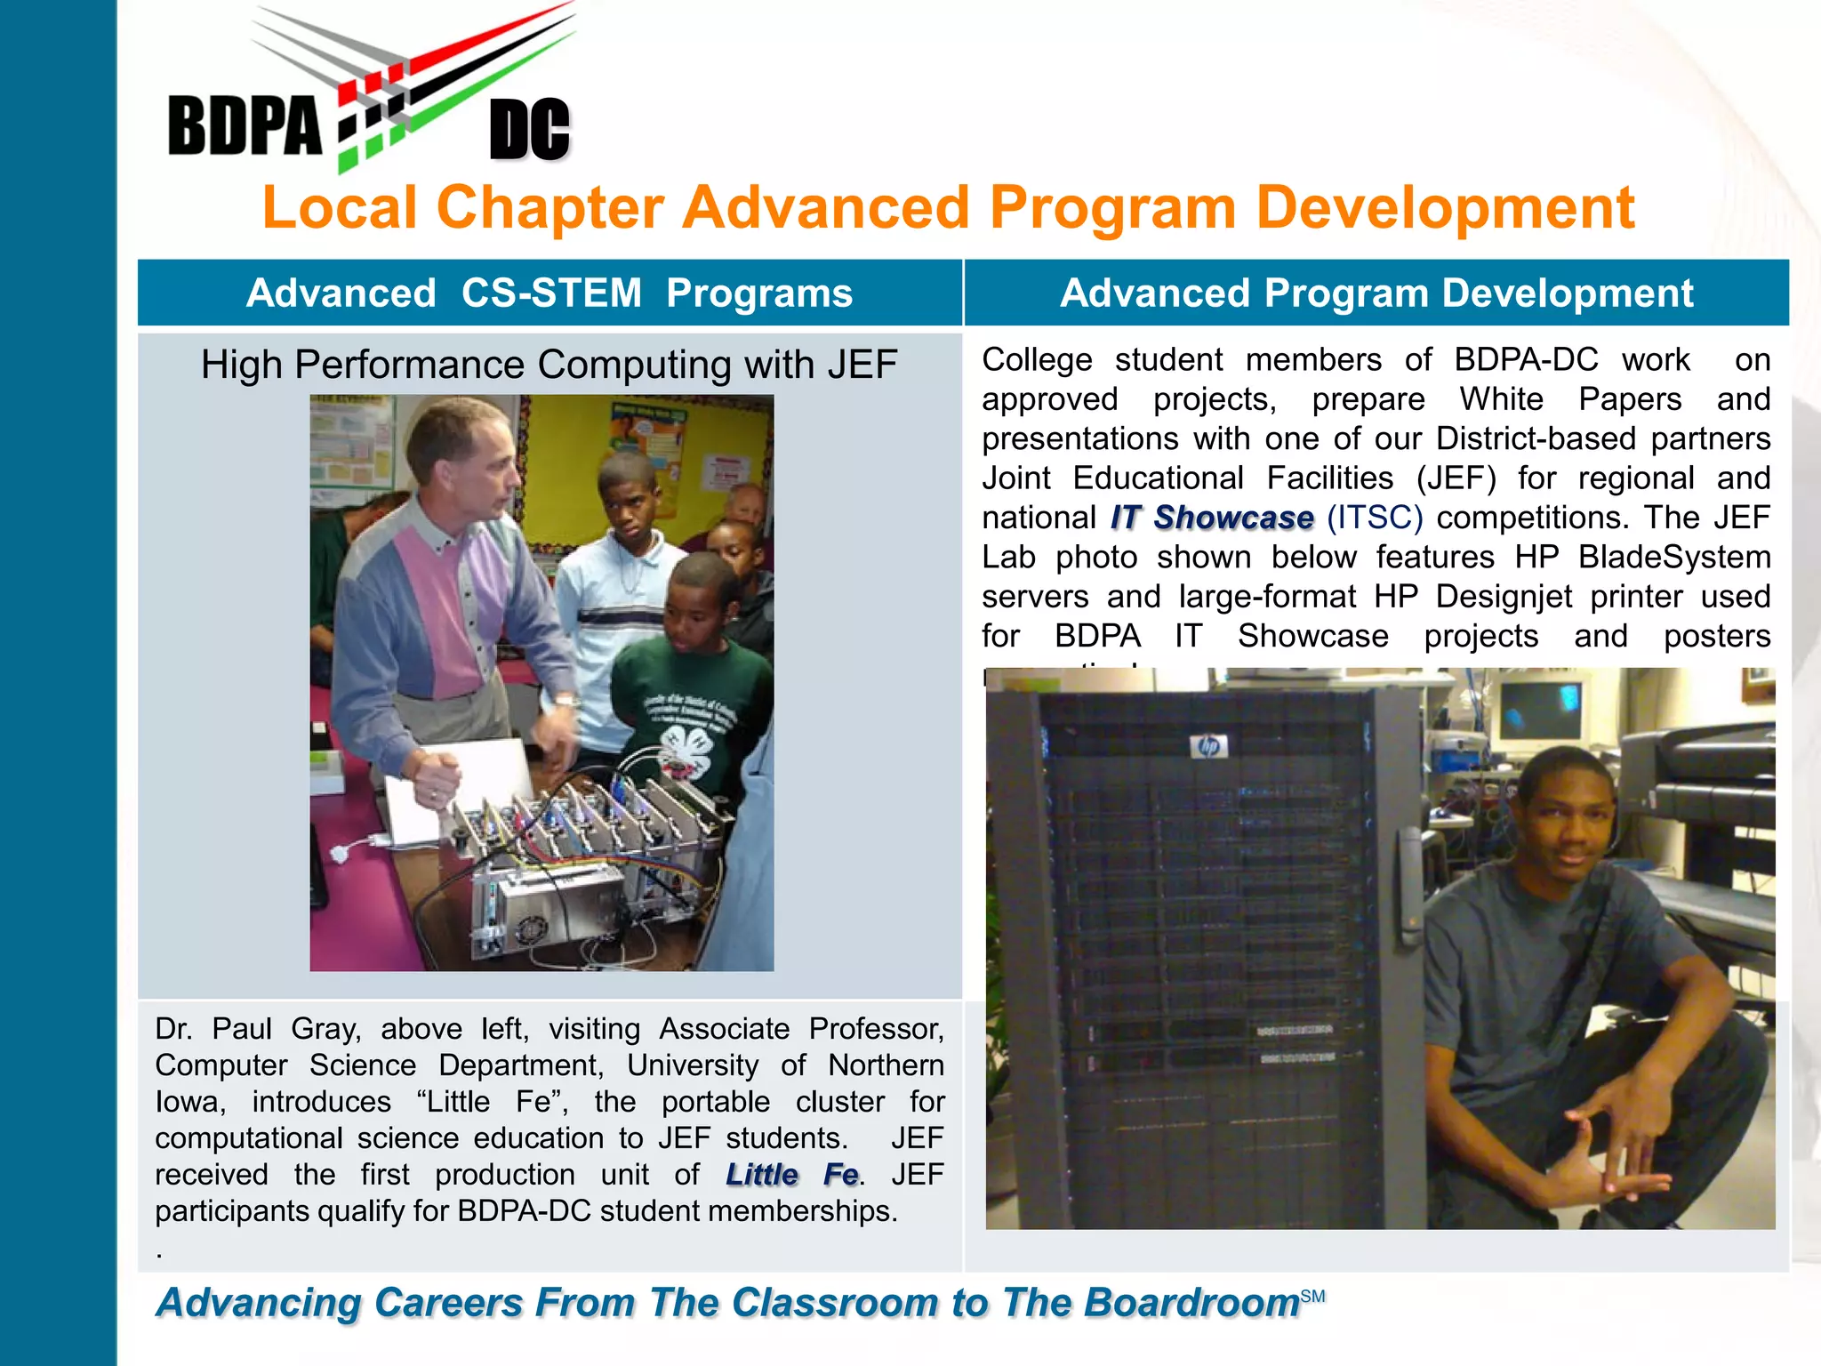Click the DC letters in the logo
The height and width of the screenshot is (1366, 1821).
coord(530,130)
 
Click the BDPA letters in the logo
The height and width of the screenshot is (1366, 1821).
coord(244,126)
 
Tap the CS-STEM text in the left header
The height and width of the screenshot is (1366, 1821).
coord(551,293)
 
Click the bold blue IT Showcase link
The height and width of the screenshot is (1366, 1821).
coord(1212,518)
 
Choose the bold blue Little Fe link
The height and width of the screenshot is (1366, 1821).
coord(792,1175)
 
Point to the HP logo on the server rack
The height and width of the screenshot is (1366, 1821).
coord(1209,746)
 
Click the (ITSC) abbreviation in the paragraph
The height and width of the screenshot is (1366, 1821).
coord(1375,518)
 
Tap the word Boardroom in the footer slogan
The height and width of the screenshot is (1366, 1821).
coord(1191,1303)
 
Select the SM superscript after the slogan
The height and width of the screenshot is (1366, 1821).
coord(1312,1297)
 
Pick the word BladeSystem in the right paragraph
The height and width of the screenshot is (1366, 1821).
coord(1674,558)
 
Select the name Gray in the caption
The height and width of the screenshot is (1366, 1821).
coord(325,1029)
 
